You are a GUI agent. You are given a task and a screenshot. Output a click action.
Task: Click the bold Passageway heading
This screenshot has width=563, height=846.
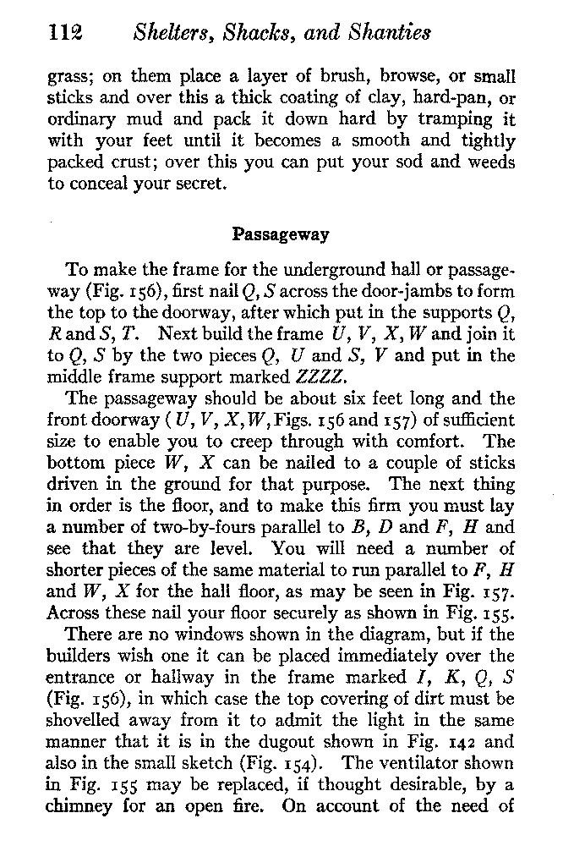coord(280,233)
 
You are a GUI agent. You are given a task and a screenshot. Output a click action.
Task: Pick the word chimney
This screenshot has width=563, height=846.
coord(79,807)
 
